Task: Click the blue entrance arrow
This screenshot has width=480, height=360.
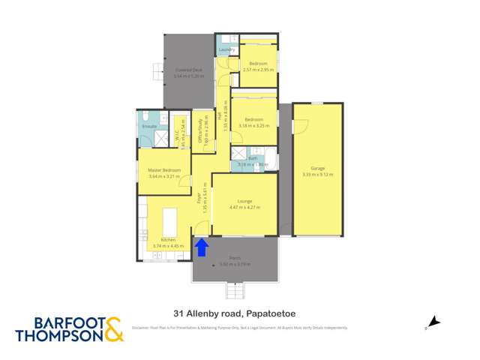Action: pos(201,247)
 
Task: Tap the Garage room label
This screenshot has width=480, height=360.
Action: pos(317,169)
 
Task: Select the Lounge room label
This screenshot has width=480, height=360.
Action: pos(244,202)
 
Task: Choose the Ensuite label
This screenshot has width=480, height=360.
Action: pos(149,126)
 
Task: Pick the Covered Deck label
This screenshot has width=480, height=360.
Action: pos(188,72)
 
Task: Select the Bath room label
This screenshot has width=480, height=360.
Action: pos(253,159)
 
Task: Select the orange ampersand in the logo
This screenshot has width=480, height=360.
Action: pos(112,328)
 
